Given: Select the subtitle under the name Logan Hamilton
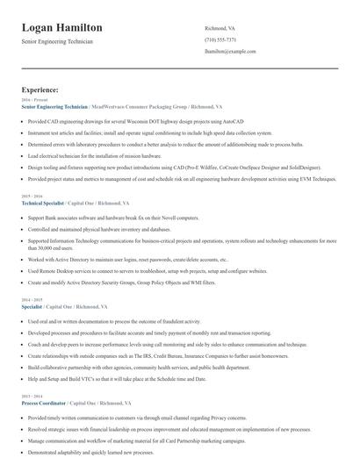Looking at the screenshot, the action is point(57,41).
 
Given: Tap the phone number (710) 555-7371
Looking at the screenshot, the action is point(220,40).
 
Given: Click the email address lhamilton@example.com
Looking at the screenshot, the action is point(230,53).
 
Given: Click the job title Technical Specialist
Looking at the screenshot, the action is point(42,203).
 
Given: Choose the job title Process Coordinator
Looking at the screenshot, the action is point(44,403).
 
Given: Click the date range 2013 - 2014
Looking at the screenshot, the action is point(31,397).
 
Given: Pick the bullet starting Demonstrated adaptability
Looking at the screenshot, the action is point(97,451).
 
